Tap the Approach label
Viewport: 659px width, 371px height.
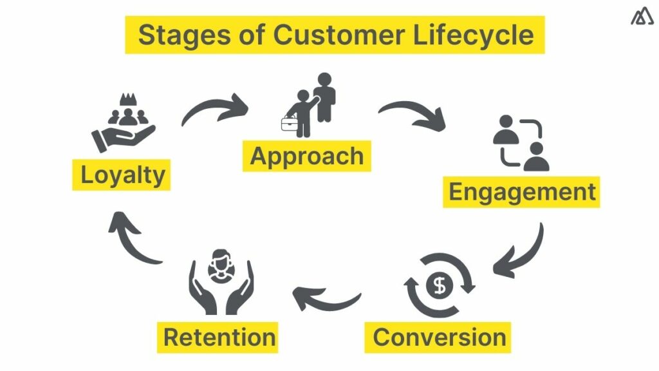coord(307,156)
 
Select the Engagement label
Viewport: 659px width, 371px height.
coord(521,192)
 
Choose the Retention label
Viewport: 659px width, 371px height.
coord(219,337)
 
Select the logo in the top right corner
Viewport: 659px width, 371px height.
coord(642,17)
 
